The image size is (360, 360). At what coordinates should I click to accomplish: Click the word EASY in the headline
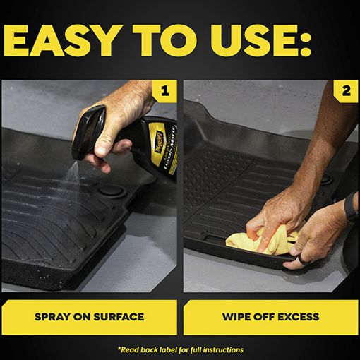click(x=62, y=40)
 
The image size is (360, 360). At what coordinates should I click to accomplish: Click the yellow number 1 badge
click(x=164, y=91)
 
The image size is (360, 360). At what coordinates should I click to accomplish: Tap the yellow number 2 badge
click(x=346, y=91)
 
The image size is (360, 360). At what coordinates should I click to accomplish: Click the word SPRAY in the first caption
click(x=52, y=317)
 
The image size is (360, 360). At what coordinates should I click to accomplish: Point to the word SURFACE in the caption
click(x=119, y=317)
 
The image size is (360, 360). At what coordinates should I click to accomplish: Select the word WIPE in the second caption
click(x=236, y=317)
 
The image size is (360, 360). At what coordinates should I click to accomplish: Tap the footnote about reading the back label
click(x=181, y=350)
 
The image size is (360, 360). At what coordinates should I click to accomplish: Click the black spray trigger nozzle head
click(x=88, y=131)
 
